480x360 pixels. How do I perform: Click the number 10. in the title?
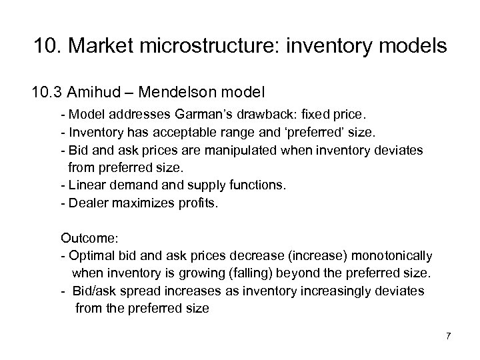click(47, 47)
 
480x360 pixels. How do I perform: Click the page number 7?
click(448, 335)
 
